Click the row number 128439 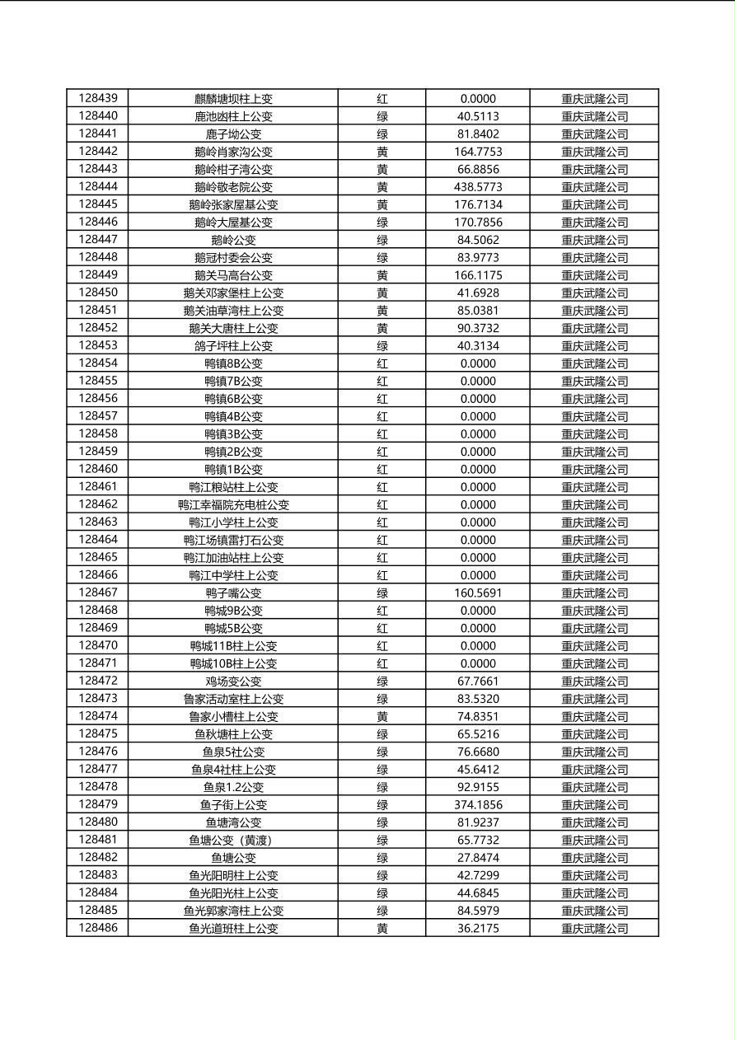[x=98, y=98]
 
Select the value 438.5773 [x=478, y=187]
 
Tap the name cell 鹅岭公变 [x=233, y=240]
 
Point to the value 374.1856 [x=478, y=805]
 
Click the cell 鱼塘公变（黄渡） [x=233, y=841]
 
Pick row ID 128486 [x=98, y=929]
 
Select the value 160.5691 [x=478, y=593]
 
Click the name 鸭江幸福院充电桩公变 [x=233, y=505]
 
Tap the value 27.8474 [x=478, y=858]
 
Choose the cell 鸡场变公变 [x=233, y=682]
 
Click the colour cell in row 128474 [x=382, y=717]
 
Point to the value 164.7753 [x=478, y=152]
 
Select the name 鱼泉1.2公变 [x=233, y=787]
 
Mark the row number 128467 [x=98, y=593]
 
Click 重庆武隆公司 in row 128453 [x=594, y=346]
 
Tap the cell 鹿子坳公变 [x=233, y=134]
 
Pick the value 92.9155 [x=478, y=787]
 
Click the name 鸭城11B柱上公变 [x=233, y=646]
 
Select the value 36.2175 [x=478, y=929]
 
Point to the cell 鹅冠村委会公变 [x=233, y=258]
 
